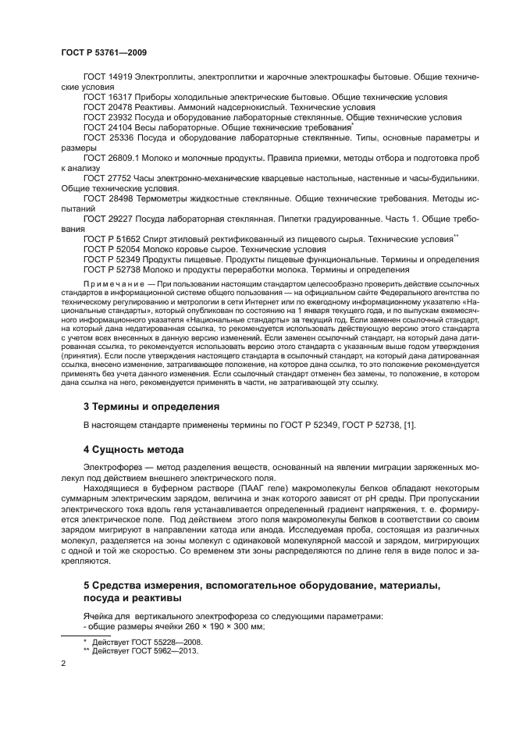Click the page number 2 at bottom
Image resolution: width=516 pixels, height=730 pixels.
[63, 664]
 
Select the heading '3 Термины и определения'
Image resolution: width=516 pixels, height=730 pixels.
[151, 406]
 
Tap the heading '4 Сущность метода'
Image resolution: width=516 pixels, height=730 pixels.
[133, 450]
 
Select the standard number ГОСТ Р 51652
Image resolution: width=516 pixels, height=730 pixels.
[112, 240]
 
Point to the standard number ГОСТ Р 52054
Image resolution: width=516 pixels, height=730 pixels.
[112, 250]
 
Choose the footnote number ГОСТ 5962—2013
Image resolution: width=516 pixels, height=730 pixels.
[156, 650]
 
